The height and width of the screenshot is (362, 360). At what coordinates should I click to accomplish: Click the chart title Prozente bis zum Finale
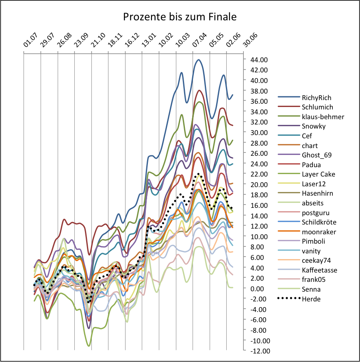180,17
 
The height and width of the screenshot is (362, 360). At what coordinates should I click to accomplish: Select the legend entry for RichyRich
317,98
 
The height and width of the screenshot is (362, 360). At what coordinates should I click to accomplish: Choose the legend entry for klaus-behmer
323,117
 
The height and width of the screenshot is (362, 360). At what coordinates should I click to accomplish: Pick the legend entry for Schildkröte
319,222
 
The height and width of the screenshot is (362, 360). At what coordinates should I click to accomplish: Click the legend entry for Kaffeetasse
319,270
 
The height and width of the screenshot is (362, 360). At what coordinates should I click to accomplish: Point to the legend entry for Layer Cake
318,174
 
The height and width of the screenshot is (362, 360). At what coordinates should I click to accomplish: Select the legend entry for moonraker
318,232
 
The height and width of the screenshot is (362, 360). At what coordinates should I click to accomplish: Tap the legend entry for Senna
311,289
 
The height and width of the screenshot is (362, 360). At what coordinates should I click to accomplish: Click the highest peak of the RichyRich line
198,60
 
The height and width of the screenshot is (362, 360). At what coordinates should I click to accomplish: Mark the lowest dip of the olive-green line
89,346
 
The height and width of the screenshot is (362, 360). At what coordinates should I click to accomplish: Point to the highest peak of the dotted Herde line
199,174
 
